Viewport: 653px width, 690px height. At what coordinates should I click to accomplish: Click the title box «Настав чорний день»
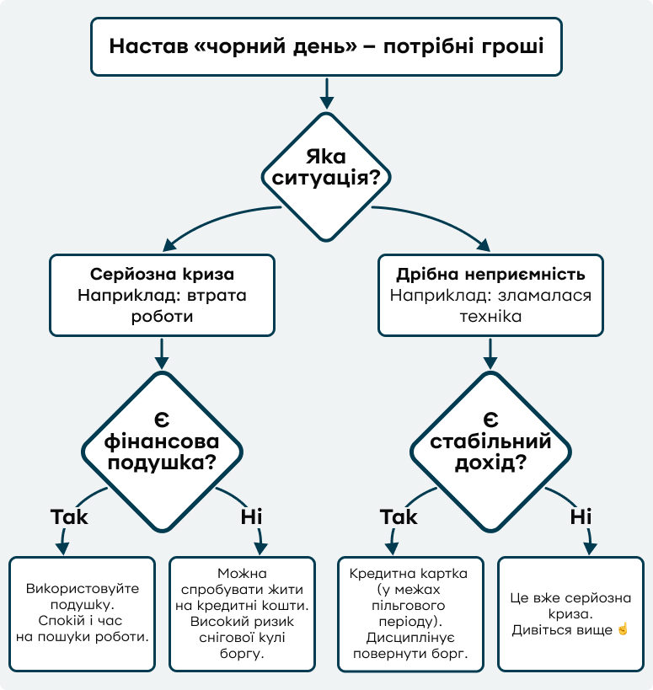pos(326,46)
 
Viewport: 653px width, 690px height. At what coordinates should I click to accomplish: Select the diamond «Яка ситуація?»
pos(326,168)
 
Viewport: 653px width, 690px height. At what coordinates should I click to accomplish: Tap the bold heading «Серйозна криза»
pos(162,275)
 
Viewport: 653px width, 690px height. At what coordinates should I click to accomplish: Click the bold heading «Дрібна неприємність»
pos(490,275)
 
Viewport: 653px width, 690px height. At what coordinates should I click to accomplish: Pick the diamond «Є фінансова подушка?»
pos(162,442)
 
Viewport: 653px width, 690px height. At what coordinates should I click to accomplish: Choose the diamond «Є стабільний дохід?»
pos(490,442)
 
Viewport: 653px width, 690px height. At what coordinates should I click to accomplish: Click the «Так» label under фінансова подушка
pos(69,516)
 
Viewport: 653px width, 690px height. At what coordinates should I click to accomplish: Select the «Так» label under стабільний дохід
pos(399,516)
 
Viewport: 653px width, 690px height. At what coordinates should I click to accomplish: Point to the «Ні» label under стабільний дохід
pos(581,516)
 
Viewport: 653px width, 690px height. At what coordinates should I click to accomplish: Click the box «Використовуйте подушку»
pos(82,612)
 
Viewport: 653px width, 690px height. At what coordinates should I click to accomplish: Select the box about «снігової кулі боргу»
pos(243,612)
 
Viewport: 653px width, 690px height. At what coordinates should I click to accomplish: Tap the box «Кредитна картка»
pos(410,612)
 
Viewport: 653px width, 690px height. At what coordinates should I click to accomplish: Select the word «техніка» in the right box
pos(490,317)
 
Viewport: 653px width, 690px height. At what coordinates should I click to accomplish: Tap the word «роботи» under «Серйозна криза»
pos(162,317)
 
